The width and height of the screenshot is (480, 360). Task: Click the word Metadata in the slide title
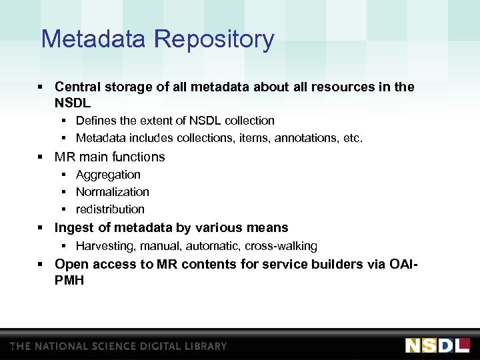point(94,39)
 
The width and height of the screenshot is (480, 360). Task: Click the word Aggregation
point(108,175)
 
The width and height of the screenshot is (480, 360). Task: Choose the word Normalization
point(113,192)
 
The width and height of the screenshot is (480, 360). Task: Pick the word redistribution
point(110,209)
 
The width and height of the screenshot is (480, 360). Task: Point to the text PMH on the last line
point(69,281)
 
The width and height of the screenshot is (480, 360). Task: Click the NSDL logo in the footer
point(437,345)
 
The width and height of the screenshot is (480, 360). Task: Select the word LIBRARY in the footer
point(203,347)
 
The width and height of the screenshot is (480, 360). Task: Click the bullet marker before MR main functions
point(41,157)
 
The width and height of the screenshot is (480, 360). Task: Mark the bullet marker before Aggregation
point(64,175)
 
